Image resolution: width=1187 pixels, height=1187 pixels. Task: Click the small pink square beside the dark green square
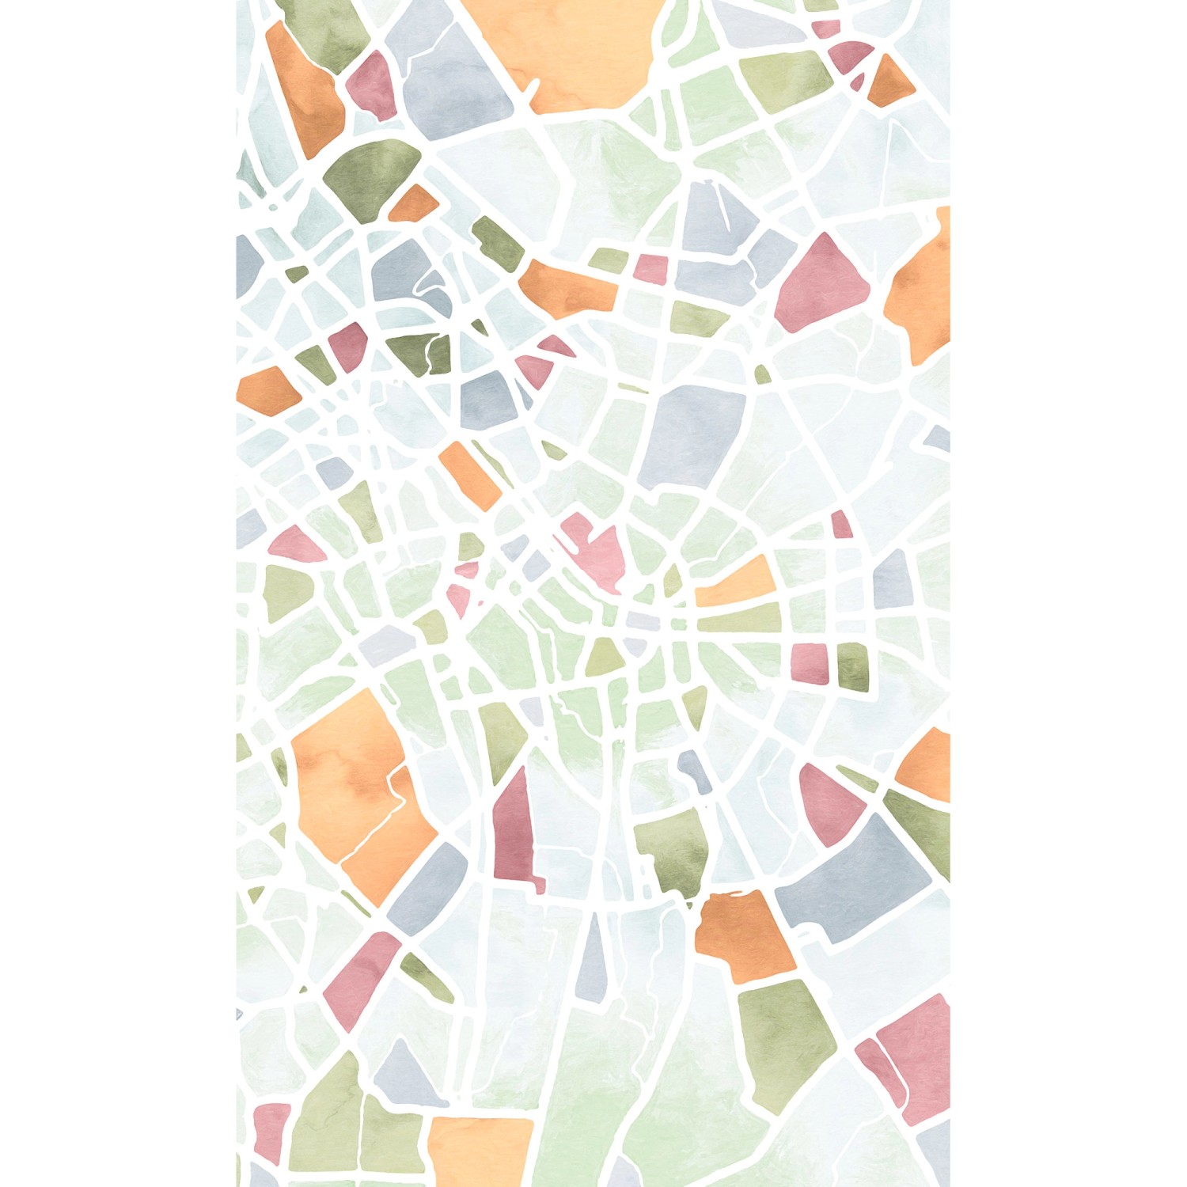pos(809,665)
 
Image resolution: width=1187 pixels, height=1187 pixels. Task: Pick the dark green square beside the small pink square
pos(853,665)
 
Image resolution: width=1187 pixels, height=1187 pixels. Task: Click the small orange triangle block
pos(889,83)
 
